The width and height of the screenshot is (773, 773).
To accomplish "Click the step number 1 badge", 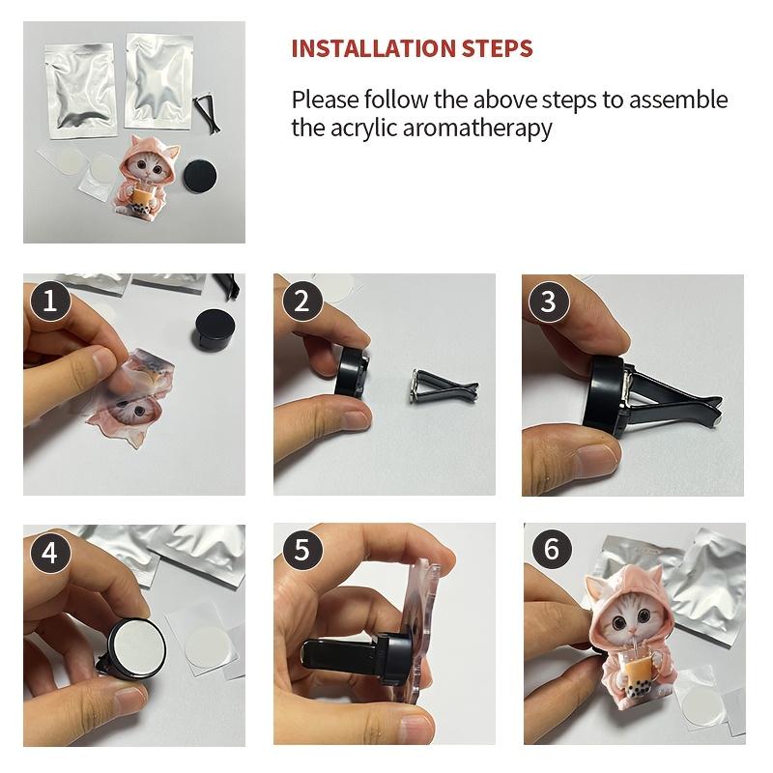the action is click(x=50, y=301).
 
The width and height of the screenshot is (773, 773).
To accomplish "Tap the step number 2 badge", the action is click(x=301, y=301).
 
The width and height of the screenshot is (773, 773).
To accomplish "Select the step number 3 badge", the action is click(x=549, y=301).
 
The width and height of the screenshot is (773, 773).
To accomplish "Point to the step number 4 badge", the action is click(x=50, y=552).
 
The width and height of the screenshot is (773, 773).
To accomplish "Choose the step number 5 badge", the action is click(x=301, y=550).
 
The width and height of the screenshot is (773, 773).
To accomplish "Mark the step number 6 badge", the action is click(x=552, y=549).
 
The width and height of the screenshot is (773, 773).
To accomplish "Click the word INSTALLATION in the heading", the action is click(x=373, y=48).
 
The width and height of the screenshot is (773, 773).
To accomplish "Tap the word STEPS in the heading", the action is click(x=497, y=48).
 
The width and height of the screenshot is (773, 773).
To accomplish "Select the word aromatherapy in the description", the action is click(x=477, y=129).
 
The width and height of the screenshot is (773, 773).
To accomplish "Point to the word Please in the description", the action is click(x=325, y=100).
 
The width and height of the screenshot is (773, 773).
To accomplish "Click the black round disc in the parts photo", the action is click(x=201, y=177).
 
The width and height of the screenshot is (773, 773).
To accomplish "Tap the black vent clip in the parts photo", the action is click(x=207, y=115).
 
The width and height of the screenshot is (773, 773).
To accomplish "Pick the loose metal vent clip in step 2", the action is click(x=443, y=386).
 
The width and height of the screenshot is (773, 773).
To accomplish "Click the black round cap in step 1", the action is click(x=215, y=329).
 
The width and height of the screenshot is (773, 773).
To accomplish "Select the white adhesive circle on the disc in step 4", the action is click(x=137, y=646).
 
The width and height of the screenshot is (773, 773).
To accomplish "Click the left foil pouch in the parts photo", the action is click(x=81, y=90).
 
